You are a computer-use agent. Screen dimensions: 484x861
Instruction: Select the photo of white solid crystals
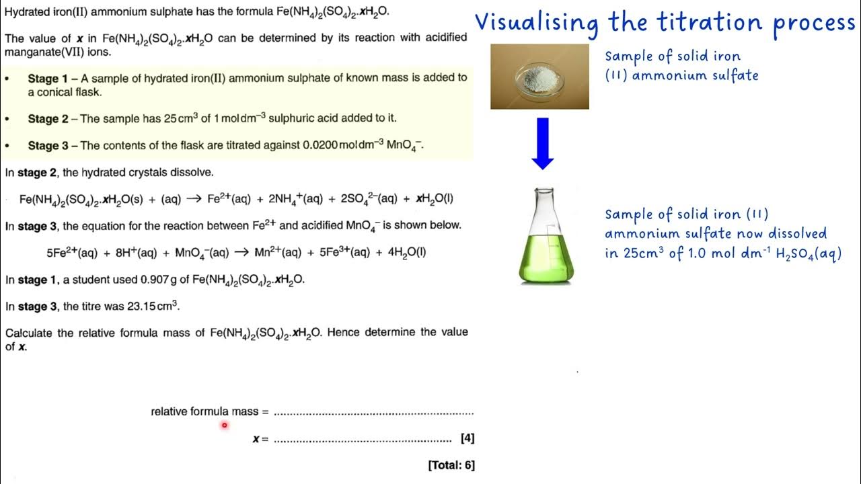(x=539, y=77)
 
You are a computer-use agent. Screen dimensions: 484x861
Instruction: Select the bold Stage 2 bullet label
(x=48, y=119)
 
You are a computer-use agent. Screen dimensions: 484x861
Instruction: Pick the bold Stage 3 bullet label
(x=48, y=145)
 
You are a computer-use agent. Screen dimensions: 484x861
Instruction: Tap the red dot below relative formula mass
(x=224, y=425)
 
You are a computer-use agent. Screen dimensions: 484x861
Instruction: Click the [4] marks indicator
(x=467, y=438)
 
